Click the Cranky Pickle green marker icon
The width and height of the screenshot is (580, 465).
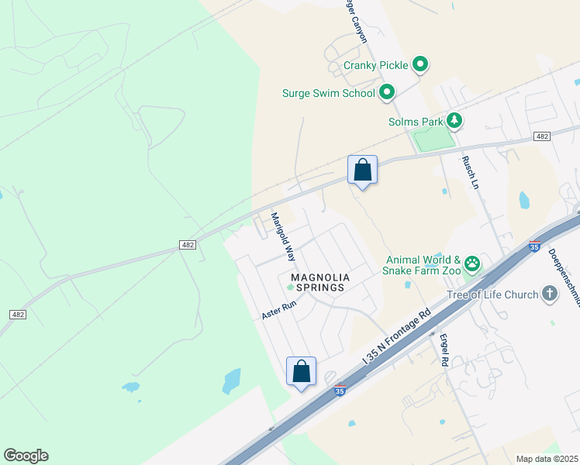(419, 65)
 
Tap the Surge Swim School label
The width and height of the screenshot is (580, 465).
(329, 94)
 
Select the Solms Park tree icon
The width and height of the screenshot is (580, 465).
(454, 121)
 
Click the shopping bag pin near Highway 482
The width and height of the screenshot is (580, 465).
(362, 169)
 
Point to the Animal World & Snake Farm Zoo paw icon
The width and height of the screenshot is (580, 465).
(472, 264)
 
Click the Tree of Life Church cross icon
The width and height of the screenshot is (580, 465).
(549, 294)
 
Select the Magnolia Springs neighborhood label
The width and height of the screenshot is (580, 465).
(320, 282)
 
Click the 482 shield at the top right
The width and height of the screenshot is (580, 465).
(542, 136)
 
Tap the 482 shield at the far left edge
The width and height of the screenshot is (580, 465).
(18, 314)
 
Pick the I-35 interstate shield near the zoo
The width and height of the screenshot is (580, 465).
(533, 246)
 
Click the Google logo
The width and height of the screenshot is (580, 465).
(26, 456)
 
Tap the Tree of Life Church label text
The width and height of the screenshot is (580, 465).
(492, 294)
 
